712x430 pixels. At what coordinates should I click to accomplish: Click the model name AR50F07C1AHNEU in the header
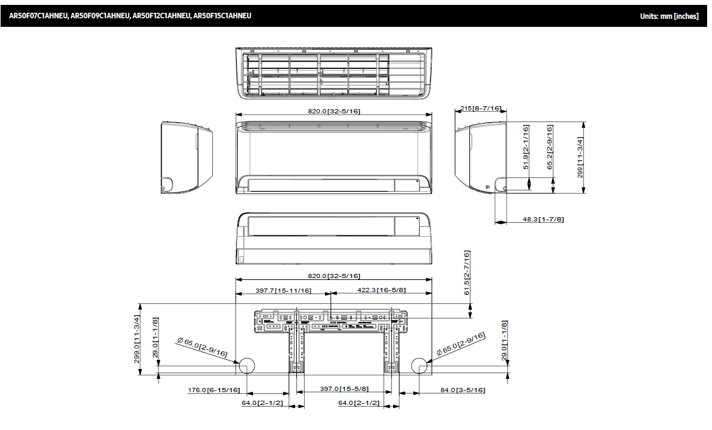pyautogui.click(x=38, y=16)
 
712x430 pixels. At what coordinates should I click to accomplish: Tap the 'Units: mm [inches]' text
pyautogui.click(x=669, y=16)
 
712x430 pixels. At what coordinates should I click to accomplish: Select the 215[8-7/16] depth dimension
pyautogui.click(x=480, y=109)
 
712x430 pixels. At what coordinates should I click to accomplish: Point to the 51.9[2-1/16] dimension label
pyautogui.click(x=526, y=147)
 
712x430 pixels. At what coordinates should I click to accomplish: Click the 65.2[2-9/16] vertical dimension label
pyautogui.click(x=550, y=147)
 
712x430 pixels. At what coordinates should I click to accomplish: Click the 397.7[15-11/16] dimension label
pyautogui.click(x=283, y=290)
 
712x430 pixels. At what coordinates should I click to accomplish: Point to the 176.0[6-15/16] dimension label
pyautogui.click(x=213, y=390)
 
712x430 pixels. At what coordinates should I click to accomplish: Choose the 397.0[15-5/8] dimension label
pyautogui.click(x=343, y=389)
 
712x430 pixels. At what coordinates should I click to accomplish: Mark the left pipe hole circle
pyautogui.click(x=247, y=366)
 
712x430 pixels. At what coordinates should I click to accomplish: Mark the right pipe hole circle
pyautogui.click(x=420, y=366)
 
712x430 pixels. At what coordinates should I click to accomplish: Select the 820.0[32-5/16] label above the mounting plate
pyautogui.click(x=333, y=276)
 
